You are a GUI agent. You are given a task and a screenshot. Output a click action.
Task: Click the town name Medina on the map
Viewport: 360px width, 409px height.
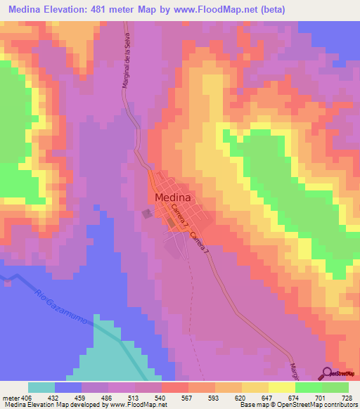point(172,197)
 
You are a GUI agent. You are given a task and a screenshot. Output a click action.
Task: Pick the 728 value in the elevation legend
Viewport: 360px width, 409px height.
point(345,397)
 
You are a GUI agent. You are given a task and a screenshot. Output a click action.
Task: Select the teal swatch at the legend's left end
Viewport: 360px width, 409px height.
point(41,387)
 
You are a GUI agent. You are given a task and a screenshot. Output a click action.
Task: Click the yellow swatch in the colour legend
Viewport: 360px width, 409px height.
point(255,387)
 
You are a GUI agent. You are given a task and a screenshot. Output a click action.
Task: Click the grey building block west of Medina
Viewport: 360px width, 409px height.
point(147,214)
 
